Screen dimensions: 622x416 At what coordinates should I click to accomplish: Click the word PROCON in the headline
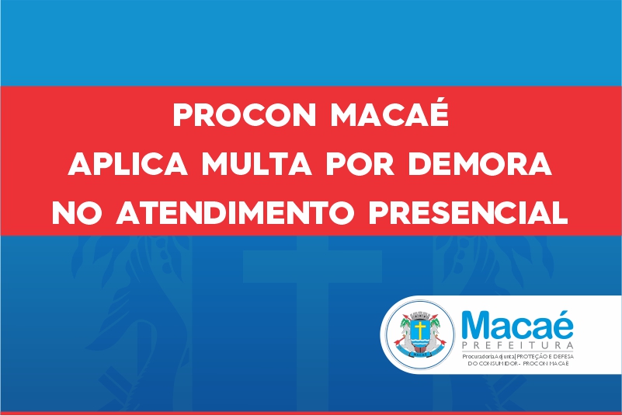tap(244, 115)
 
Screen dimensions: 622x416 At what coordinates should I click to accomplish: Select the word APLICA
tap(127, 164)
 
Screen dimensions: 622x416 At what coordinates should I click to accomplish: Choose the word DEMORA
tap(480, 164)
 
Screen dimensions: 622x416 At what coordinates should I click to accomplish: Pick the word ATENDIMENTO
tap(235, 212)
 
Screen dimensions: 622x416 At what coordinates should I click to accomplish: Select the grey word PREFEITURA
tap(517, 345)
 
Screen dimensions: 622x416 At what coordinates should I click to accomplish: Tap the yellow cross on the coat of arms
tap(419, 330)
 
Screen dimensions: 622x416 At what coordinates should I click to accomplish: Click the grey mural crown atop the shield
tap(419, 316)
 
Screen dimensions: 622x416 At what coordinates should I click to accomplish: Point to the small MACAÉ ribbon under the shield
tap(419, 354)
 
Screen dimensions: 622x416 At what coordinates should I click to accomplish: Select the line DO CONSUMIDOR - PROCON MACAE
tap(518, 364)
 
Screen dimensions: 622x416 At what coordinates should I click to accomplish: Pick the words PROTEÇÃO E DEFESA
tap(545, 356)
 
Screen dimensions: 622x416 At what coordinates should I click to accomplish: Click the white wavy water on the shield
tap(419, 341)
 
